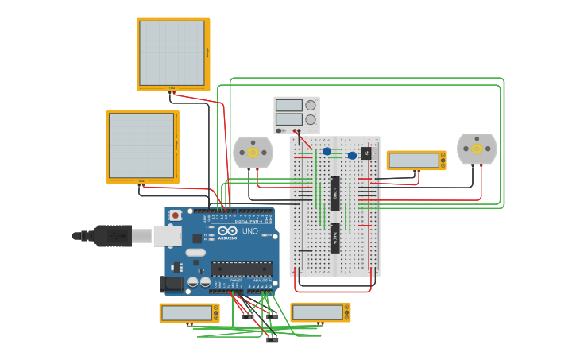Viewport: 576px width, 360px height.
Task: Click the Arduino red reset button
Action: pos(175,215)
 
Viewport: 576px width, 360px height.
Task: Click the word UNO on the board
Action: pos(249,231)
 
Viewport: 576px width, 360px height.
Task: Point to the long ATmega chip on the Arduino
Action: pos(241,269)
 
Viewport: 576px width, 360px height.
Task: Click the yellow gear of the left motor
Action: pos(253,152)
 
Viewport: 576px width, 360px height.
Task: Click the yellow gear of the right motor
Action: pos(477,149)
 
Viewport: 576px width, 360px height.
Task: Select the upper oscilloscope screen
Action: pos(172,52)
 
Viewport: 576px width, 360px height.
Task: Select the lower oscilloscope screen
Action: pos(141,145)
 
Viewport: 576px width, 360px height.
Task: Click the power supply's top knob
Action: pos(311,105)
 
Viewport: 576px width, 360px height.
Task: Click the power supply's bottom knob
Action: pos(311,119)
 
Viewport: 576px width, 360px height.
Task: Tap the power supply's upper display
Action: pos(288,105)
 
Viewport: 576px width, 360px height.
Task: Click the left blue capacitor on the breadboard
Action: pos(327,151)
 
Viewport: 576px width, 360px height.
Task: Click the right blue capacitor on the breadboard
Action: pos(351,155)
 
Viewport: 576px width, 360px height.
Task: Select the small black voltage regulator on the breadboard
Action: pos(366,153)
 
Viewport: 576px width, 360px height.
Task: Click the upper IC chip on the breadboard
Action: pos(335,193)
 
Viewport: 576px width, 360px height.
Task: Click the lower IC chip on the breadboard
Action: pos(335,238)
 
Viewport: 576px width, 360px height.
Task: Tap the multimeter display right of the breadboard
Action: pos(416,160)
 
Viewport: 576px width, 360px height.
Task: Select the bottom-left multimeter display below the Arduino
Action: pos(188,312)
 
